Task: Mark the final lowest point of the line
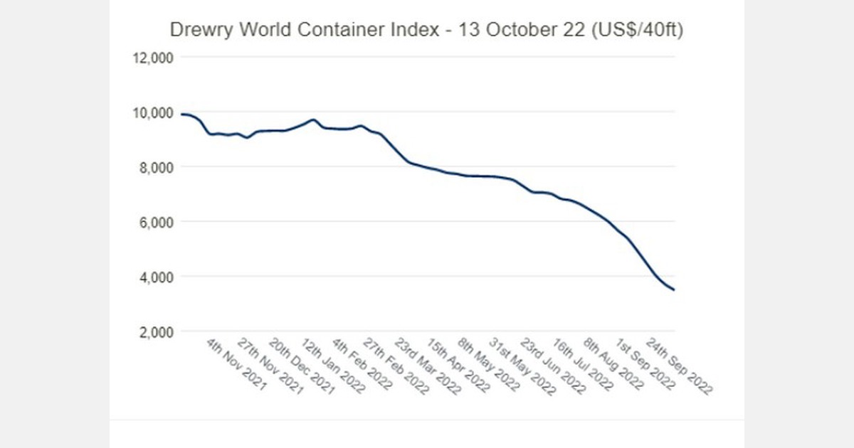coord(674,289)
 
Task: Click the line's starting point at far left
coord(182,114)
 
